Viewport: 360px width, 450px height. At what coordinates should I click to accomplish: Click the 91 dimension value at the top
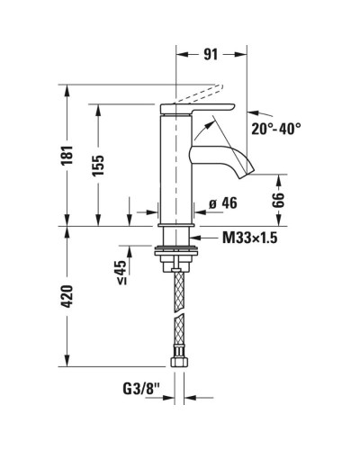click(210, 54)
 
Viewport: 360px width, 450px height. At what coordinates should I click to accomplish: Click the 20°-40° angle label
click(276, 129)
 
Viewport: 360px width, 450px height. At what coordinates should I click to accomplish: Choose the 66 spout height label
click(278, 200)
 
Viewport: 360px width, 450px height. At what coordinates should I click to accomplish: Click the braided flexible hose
click(177, 315)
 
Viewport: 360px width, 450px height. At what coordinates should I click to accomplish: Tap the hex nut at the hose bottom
click(177, 364)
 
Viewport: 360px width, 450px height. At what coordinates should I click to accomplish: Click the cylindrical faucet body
click(176, 171)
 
